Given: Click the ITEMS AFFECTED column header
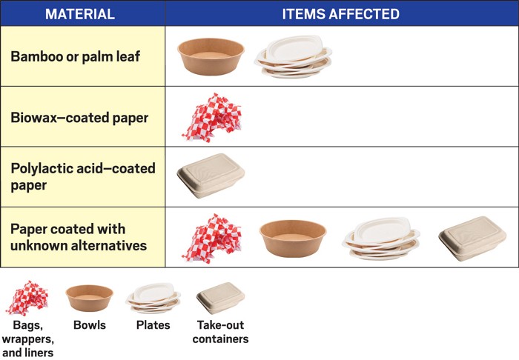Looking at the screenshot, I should point(340,14).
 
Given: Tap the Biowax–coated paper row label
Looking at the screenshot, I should point(79,117).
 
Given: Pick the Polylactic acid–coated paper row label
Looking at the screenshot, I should point(83,176).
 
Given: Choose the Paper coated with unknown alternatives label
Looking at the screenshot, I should point(79,237).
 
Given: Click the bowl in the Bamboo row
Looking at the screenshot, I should point(211,56).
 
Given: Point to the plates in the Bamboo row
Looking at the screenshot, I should point(294,56).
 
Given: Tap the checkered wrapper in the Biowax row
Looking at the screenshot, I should point(211,117).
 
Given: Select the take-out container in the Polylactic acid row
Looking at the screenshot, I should point(211,176).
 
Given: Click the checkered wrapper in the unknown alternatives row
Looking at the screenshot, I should point(211,237).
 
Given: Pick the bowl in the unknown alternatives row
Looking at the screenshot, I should point(293,237).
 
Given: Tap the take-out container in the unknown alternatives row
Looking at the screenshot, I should point(472,238).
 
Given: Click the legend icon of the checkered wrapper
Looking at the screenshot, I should point(27,298).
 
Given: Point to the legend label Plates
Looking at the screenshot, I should point(153,325).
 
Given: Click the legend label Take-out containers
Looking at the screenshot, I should point(220,332).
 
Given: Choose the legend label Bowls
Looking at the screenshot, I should point(89,325).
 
